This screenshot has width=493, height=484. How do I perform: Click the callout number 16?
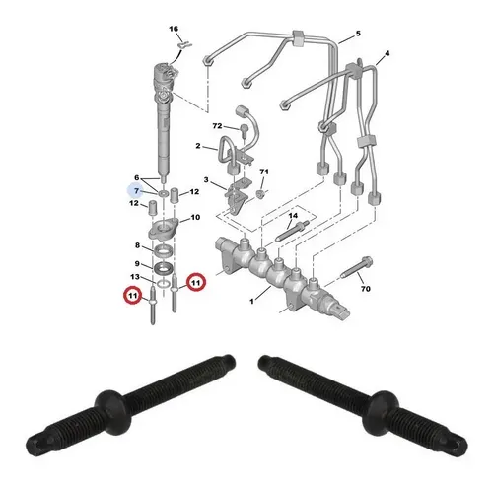tap(174, 29)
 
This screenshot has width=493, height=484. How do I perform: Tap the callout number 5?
tap(358, 34)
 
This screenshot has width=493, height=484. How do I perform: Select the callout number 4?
tap(387, 53)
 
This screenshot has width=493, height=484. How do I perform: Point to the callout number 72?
tap(217, 126)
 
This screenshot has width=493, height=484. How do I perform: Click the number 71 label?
tap(264, 172)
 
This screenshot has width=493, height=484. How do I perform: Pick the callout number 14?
tap(293, 216)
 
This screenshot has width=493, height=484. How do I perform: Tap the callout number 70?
tap(366, 289)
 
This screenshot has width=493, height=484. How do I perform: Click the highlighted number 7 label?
tap(136, 191)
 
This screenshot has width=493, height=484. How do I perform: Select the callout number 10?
tap(195, 217)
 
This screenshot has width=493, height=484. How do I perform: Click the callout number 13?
tap(135, 277)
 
